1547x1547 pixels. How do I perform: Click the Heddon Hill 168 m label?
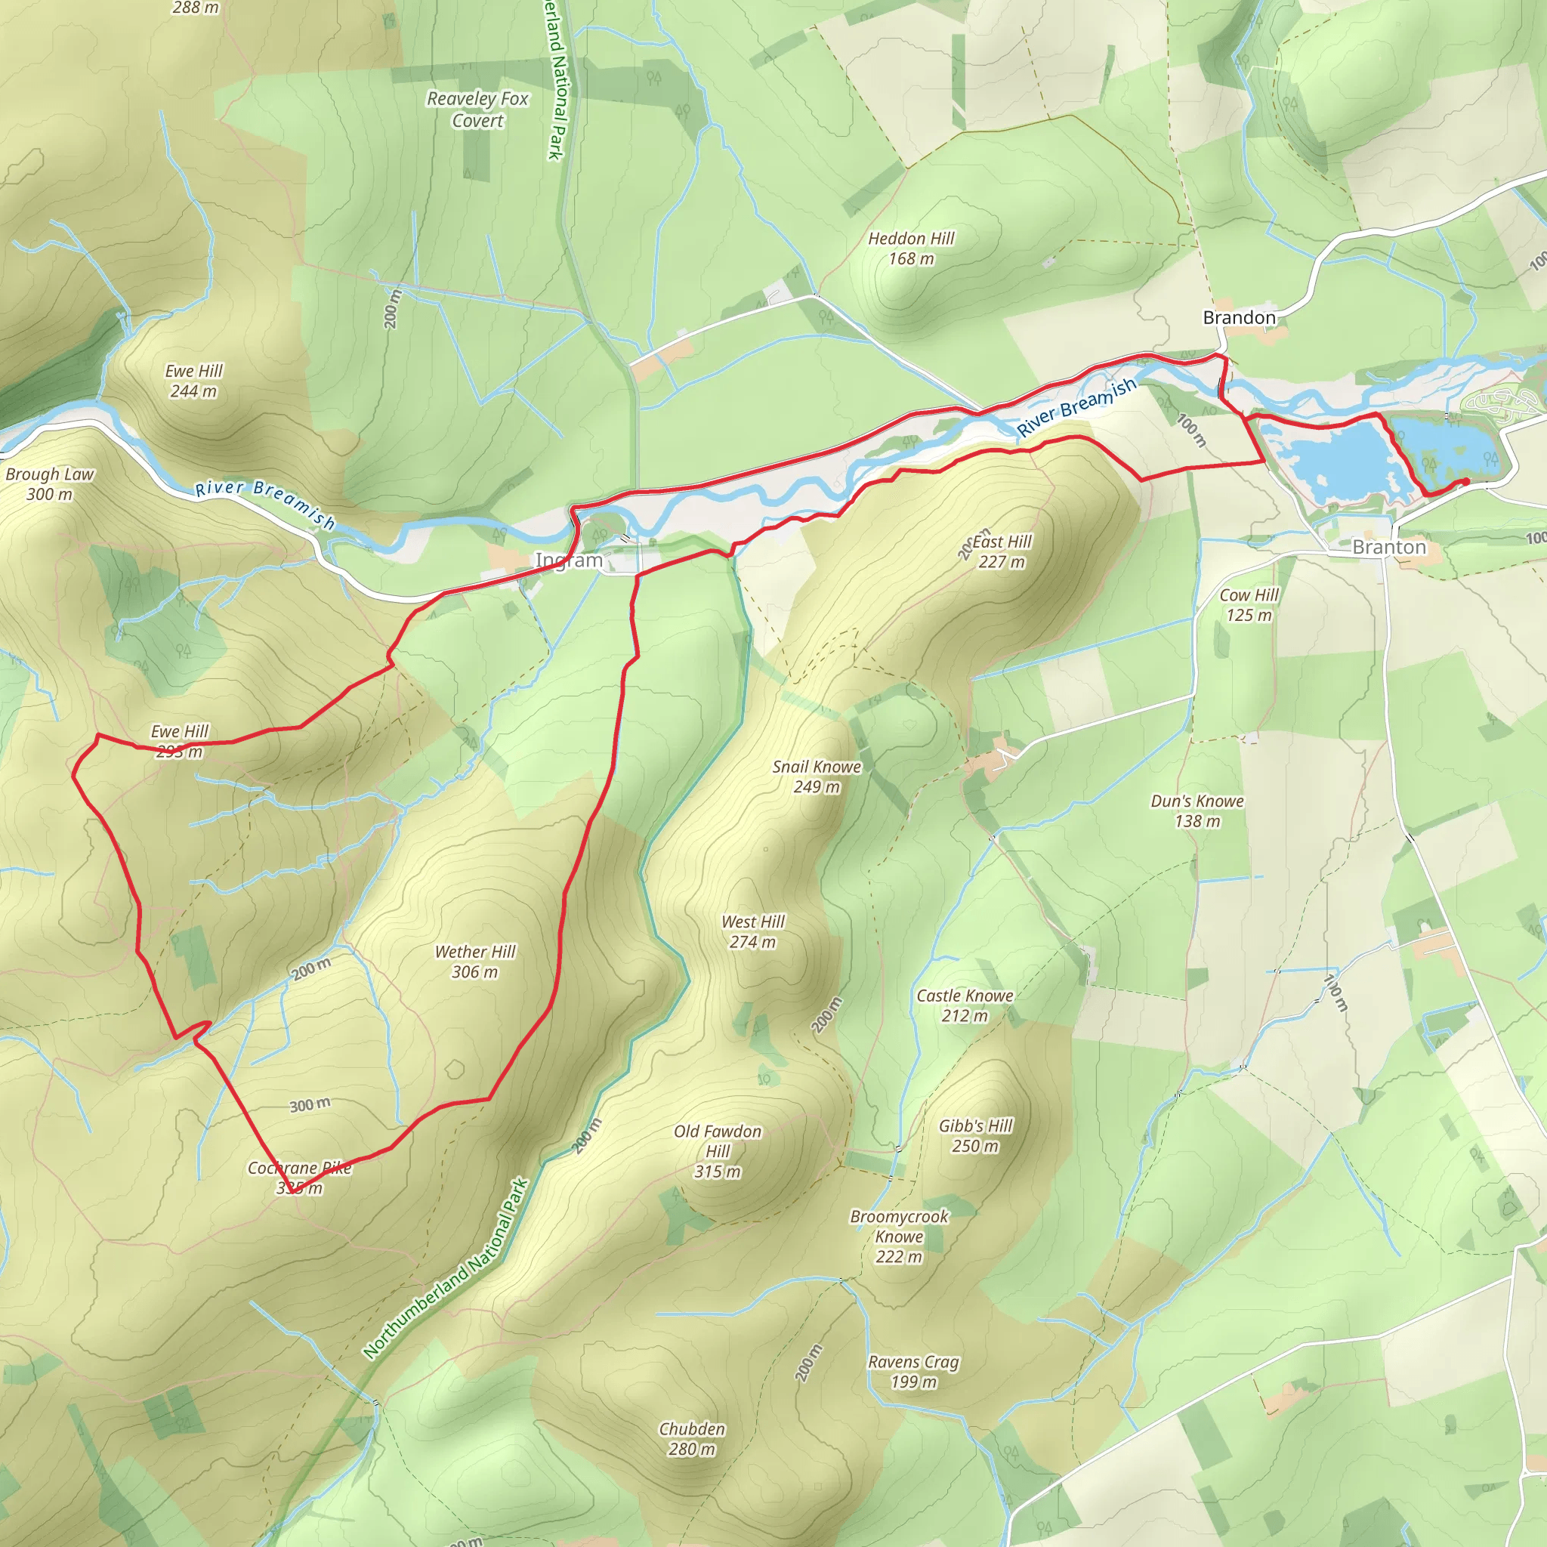[x=911, y=249]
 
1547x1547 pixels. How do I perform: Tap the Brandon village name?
[x=1239, y=318]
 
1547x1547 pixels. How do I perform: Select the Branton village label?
[x=1388, y=548]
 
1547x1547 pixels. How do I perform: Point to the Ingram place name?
[x=569, y=560]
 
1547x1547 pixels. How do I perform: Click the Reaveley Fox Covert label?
[x=477, y=110]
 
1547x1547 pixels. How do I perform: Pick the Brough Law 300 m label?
[x=50, y=483]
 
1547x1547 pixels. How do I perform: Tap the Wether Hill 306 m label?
[x=475, y=962]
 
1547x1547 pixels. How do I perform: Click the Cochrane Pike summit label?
[x=299, y=1178]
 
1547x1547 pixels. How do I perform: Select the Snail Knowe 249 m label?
[x=817, y=777]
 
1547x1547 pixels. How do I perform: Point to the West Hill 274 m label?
[x=752, y=932]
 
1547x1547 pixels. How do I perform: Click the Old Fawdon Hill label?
[x=718, y=1151]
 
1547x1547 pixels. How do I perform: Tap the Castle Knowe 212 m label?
[x=965, y=1005]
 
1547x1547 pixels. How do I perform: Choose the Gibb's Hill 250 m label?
[x=975, y=1136]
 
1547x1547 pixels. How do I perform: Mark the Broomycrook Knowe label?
[x=899, y=1237]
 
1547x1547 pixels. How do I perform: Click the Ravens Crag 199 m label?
[x=914, y=1372]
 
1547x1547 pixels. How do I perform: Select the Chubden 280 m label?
[x=692, y=1439]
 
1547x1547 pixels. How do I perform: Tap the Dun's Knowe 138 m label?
[x=1197, y=811]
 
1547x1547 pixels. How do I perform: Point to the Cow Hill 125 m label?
[x=1249, y=605]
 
